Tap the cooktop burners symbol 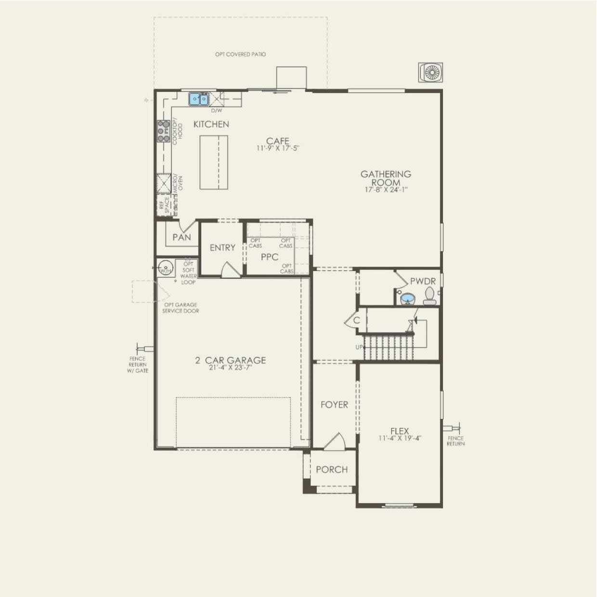click(x=163, y=131)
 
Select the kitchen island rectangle click(x=214, y=163)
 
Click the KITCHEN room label click(x=211, y=124)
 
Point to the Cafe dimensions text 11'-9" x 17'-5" click(x=278, y=149)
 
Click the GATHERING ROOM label click(x=386, y=178)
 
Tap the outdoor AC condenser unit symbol click(x=430, y=73)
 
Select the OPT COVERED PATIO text click(x=240, y=54)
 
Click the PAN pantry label click(x=182, y=237)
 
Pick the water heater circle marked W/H click(x=166, y=268)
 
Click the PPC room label click(x=269, y=257)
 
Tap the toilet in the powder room click(x=429, y=296)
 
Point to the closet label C click(x=357, y=320)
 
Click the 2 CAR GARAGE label click(x=231, y=360)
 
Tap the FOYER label click(x=334, y=405)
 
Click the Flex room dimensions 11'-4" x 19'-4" click(x=400, y=439)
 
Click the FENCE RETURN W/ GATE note click(x=138, y=364)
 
